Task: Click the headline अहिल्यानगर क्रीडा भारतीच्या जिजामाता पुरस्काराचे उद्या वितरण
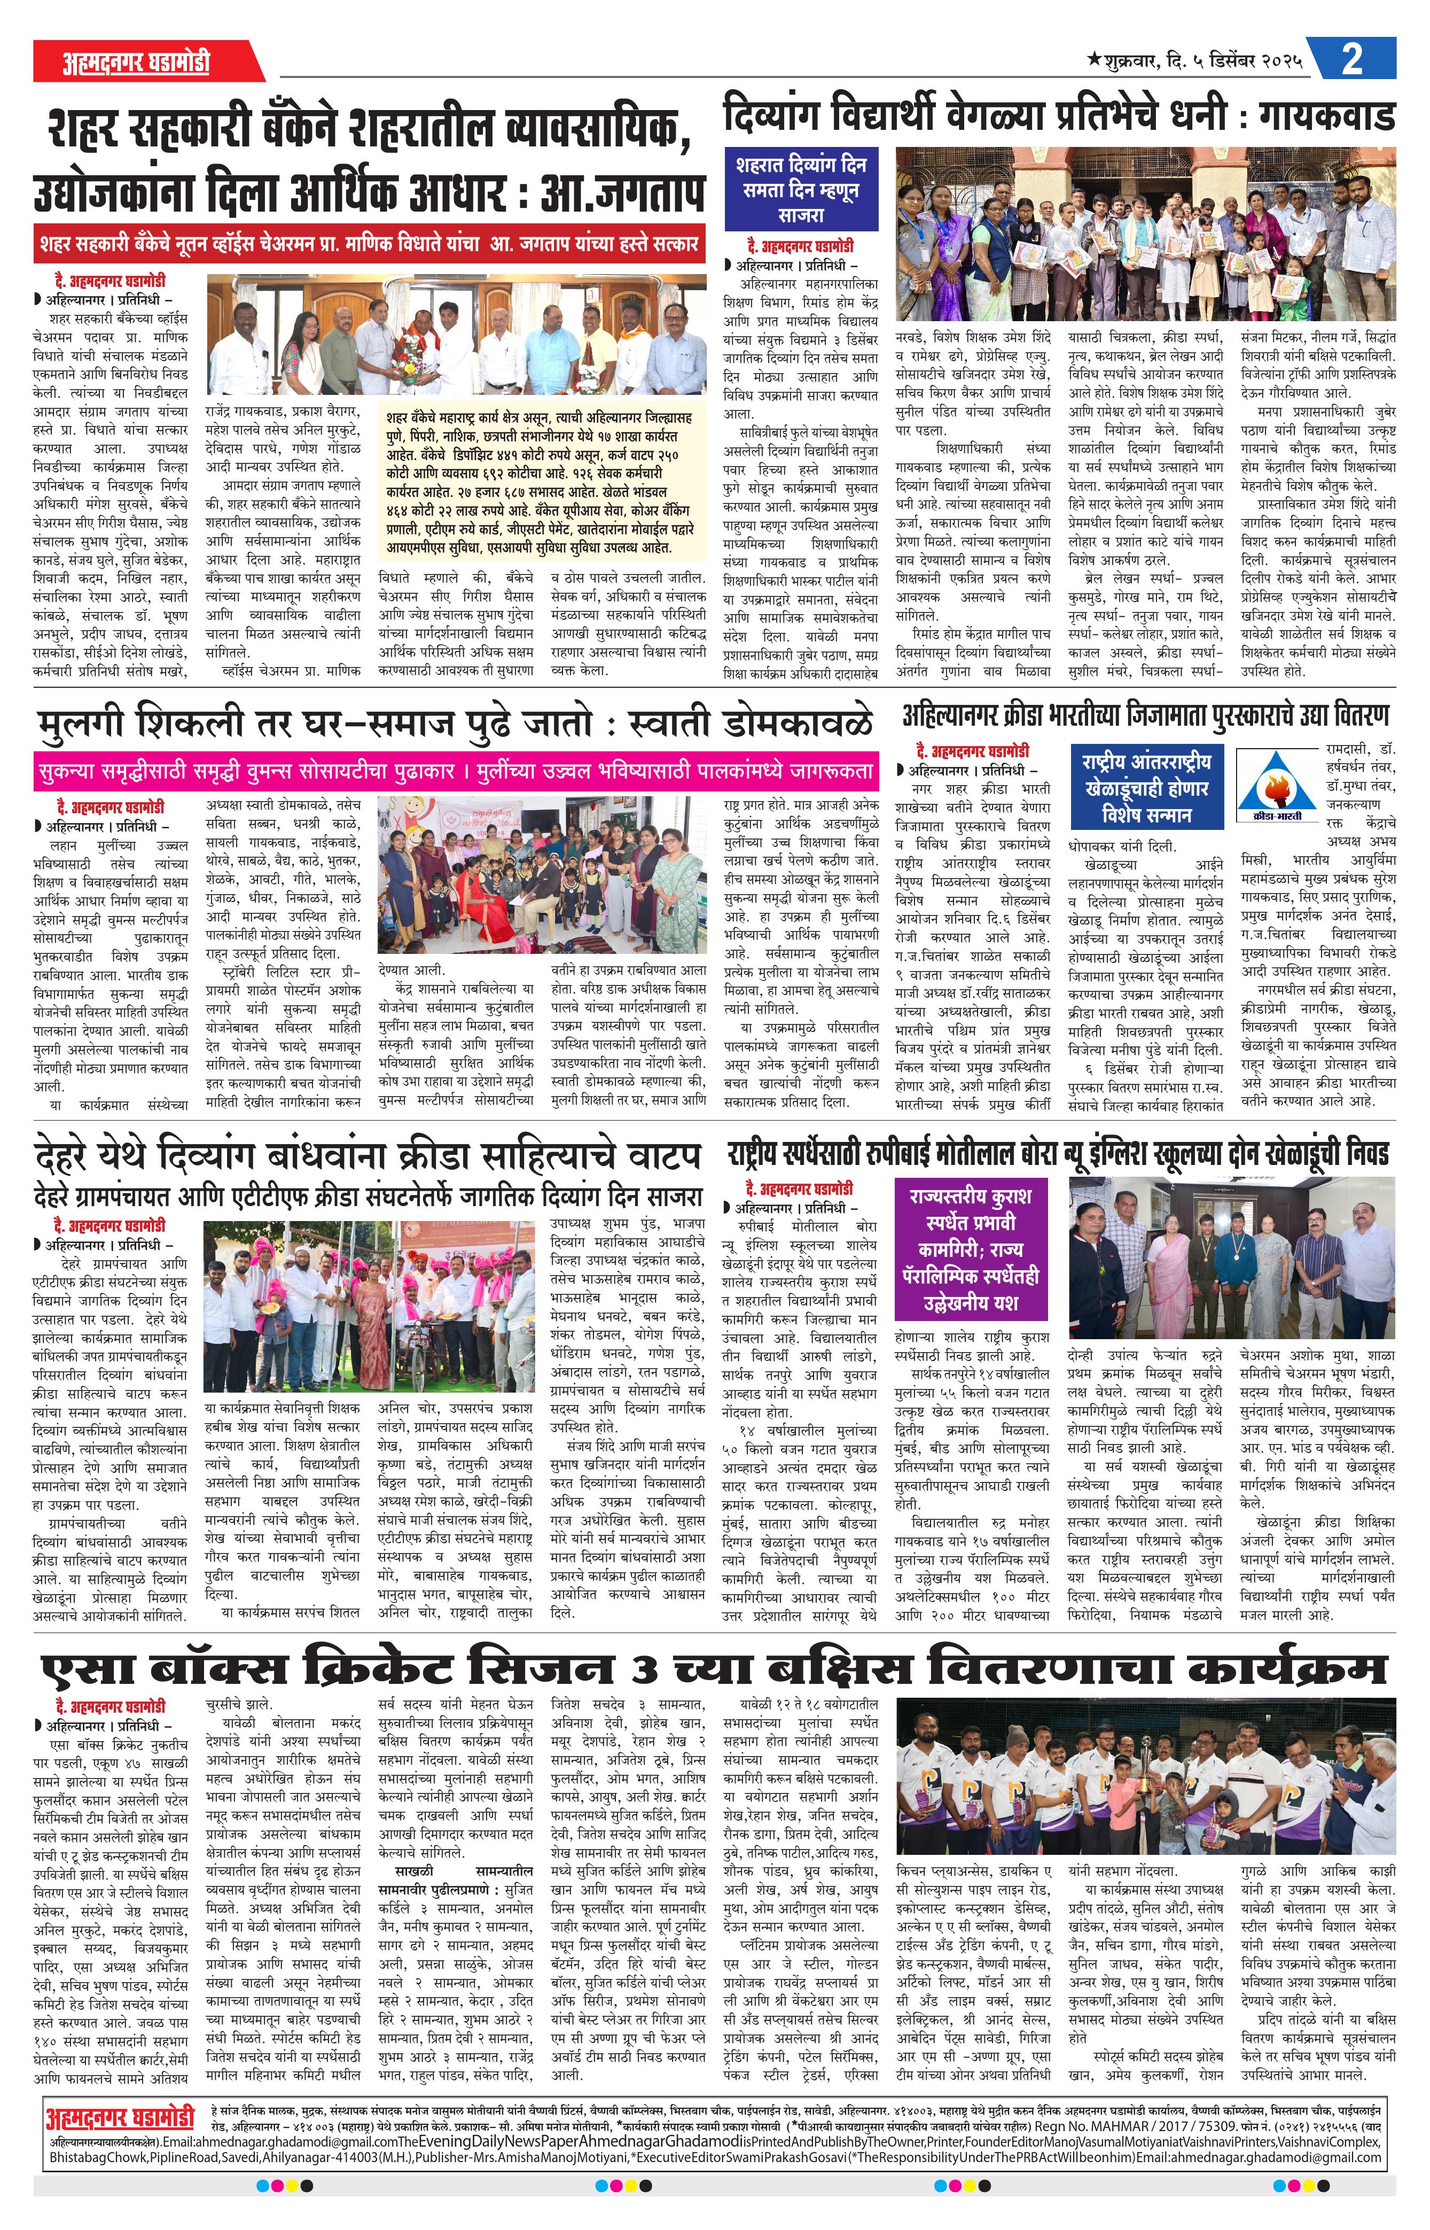[x=1145, y=716]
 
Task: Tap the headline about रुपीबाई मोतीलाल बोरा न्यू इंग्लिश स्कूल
[x=1059, y=1154]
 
